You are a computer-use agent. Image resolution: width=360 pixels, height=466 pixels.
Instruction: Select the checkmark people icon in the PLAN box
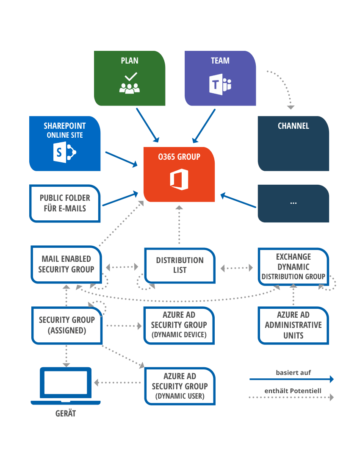coord(130,83)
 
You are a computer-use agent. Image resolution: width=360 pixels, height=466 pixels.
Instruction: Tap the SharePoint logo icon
coord(65,152)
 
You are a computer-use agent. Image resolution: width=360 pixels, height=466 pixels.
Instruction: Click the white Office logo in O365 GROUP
coord(179,180)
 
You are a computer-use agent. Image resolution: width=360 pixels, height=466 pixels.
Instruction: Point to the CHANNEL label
coord(293,126)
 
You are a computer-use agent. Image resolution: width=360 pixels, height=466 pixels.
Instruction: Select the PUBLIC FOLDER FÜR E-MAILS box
coord(65,203)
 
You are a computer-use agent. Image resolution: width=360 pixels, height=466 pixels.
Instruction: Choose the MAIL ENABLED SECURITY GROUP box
coord(66,264)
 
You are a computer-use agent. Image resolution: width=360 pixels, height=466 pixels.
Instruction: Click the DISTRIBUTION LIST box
coord(180,265)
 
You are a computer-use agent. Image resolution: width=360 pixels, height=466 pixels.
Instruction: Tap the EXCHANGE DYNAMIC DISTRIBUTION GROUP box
coord(293,266)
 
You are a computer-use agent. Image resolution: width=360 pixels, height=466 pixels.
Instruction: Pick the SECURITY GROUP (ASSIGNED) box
coord(66,325)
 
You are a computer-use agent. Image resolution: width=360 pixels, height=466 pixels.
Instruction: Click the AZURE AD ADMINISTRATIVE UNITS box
coord(293,325)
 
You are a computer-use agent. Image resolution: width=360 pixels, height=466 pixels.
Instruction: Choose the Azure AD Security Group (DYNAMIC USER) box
coord(180,386)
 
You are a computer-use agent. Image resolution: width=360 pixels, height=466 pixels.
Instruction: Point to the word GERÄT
coord(66,413)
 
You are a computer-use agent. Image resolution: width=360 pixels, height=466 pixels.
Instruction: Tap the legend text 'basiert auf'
coord(294,373)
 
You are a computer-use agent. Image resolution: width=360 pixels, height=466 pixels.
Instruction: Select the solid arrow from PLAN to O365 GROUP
coord(147,125)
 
